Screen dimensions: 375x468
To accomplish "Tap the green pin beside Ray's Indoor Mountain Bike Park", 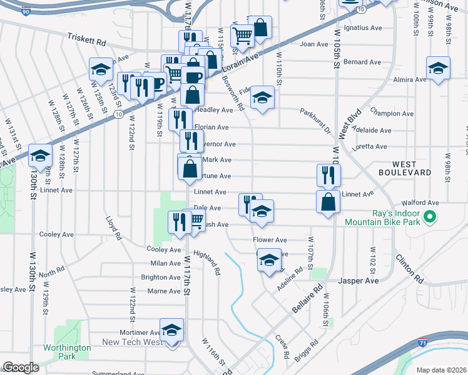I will [x=429, y=218].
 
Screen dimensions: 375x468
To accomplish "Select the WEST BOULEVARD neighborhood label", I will [x=404, y=166].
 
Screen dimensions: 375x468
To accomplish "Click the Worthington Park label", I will [x=59, y=352].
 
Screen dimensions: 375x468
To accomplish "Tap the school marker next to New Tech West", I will [x=170, y=331].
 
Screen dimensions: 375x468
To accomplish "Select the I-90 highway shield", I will [x=24, y=11].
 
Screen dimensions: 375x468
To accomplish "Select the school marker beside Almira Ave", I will [x=438, y=69].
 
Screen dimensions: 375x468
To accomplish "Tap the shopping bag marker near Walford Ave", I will [x=328, y=202].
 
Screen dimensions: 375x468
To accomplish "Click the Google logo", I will [x=21, y=367].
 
